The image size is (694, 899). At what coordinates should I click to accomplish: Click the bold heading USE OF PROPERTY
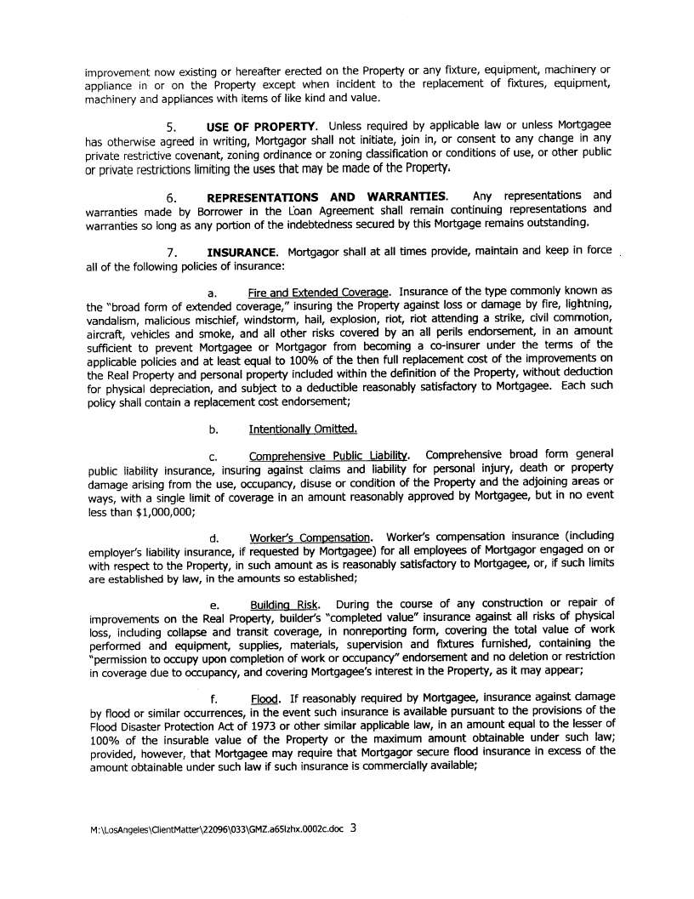pos(260,127)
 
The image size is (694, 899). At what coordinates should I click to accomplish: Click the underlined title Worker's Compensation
pos(310,538)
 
